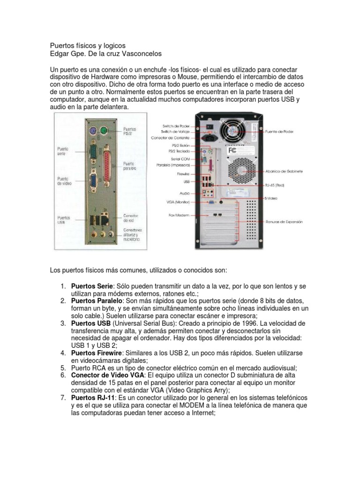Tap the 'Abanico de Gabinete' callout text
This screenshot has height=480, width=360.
coord(285,171)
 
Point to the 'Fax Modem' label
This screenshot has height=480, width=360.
coord(178,215)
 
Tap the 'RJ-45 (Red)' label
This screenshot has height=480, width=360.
coord(274,186)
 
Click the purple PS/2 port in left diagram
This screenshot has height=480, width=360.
coord(94,131)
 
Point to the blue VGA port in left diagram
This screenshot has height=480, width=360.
coord(93,181)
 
